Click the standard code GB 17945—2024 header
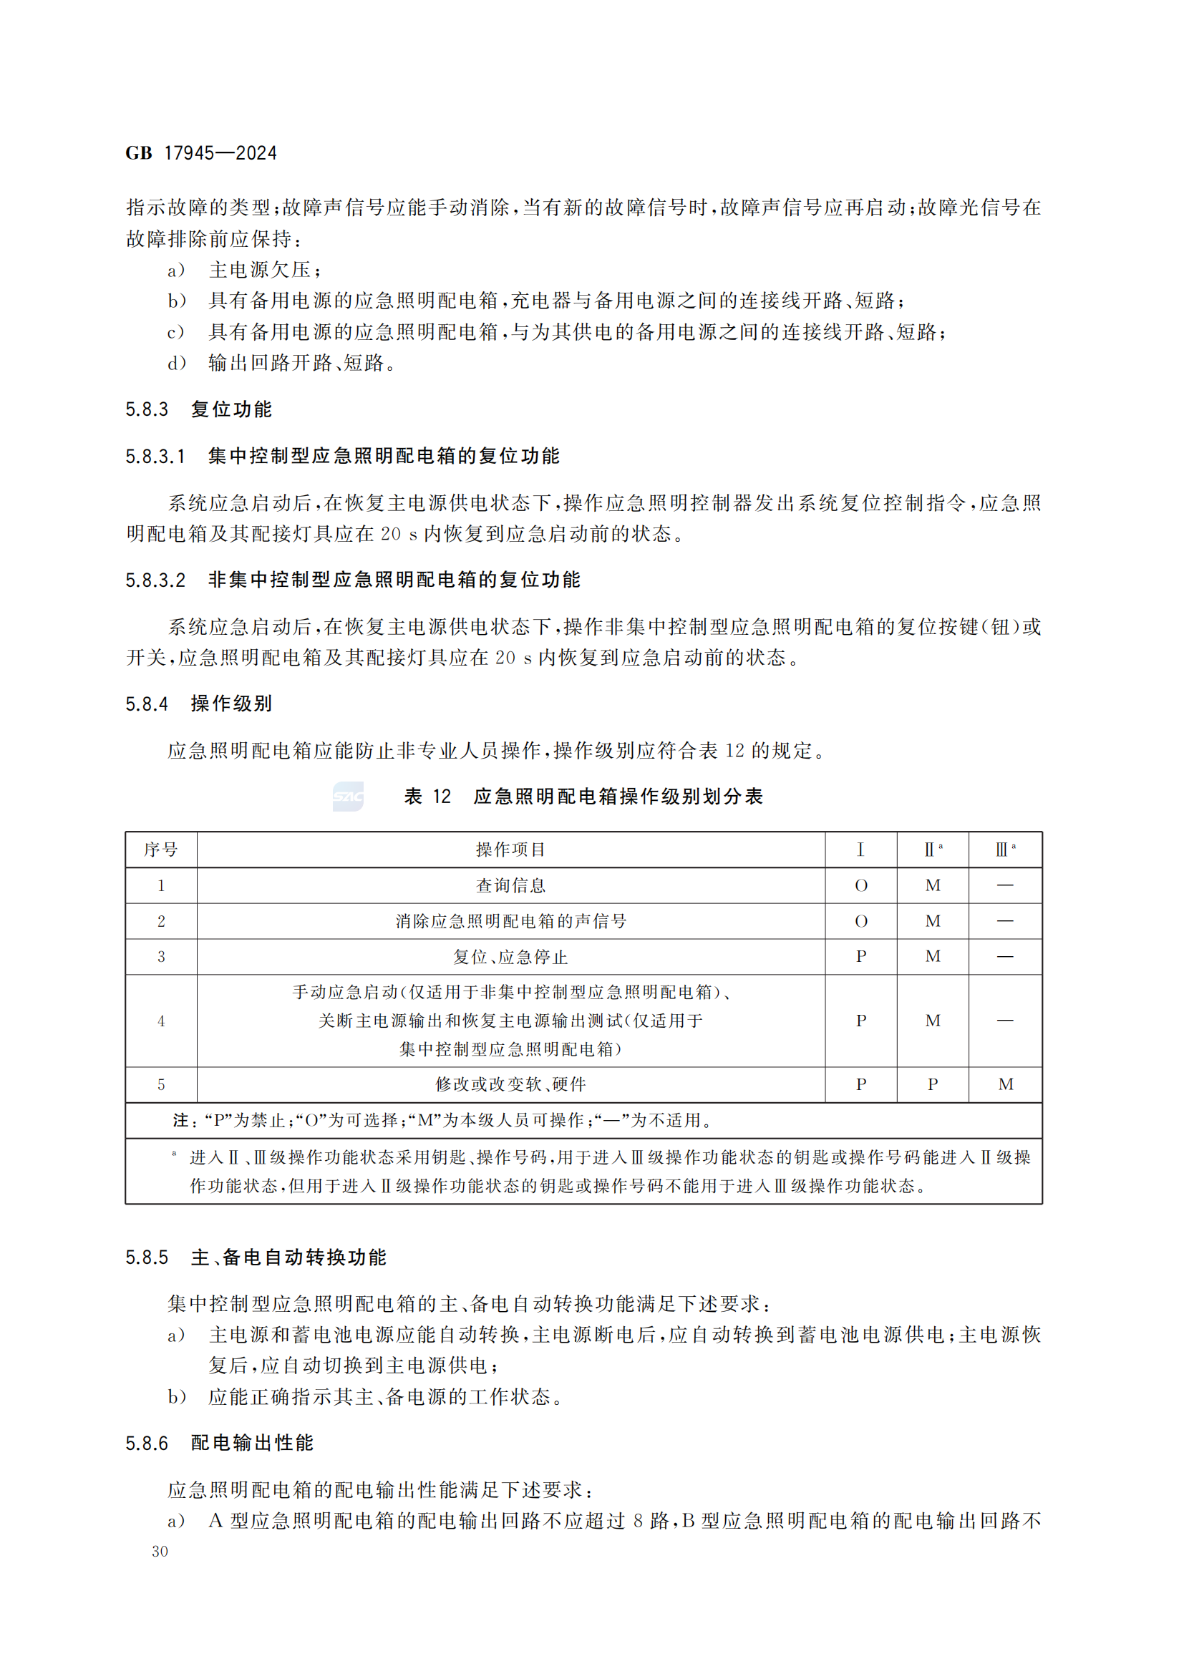(x=201, y=153)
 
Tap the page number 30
(x=160, y=1552)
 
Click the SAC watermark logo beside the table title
(x=348, y=796)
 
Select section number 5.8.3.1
(x=155, y=457)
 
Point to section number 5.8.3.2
(x=155, y=580)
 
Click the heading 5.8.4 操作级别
(x=198, y=704)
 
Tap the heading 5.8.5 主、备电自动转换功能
(x=255, y=1257)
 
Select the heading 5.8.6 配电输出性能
(x=219, y=1443)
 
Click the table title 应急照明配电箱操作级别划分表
(x=618, y=796)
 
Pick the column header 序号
(x=161, y=850)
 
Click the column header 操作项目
(x=510, y=850)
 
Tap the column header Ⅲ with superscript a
(x=1004, y=850)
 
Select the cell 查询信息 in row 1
(x=510, y=885)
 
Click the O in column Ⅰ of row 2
(x=861, y=921)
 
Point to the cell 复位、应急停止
(x=510, y=957)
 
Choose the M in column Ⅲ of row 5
(x=1005, y=1084)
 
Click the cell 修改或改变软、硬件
(x=510, y=1084)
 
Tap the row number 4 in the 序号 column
(x=161, y=1021)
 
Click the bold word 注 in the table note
(x=180, y=1121)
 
